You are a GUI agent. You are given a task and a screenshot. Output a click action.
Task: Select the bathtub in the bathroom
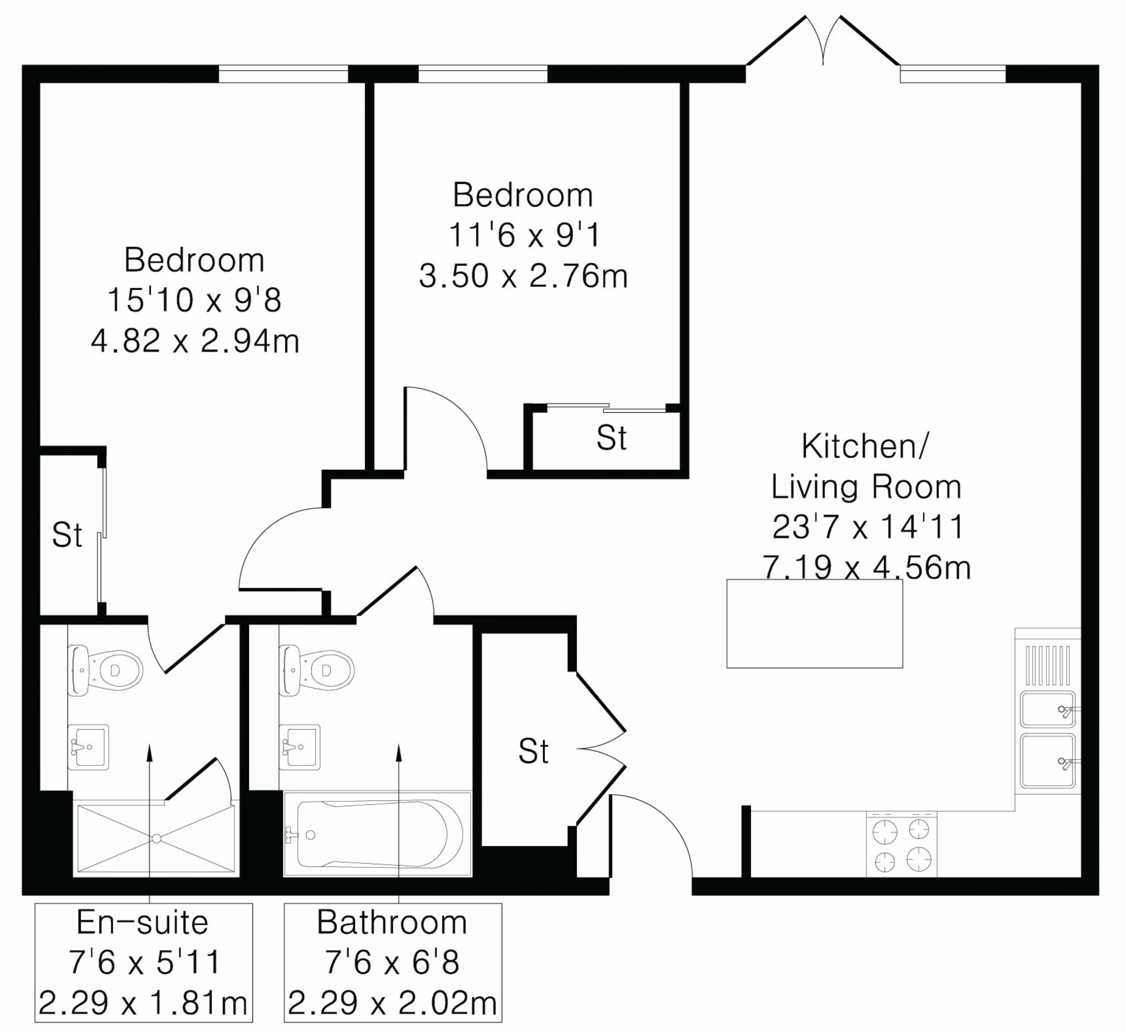(377, 833)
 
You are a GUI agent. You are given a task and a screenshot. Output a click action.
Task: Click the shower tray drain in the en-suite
(157, 838)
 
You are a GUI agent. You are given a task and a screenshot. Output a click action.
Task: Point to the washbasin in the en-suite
(88, 747)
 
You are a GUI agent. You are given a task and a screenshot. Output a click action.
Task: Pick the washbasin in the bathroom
(300, 747)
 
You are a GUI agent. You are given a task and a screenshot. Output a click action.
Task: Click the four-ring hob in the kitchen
(901, 844)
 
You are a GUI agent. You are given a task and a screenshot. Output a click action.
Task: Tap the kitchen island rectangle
(815, 624)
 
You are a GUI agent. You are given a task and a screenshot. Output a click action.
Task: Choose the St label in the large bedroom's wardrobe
(67, 535)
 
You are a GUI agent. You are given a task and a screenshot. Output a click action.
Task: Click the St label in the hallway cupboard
(533, 751)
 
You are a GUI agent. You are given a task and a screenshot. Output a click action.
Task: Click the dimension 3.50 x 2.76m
(523, 276)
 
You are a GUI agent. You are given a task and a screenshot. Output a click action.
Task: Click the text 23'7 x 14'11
(867, 527)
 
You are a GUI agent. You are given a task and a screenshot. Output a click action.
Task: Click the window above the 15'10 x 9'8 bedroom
(283, 74)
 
